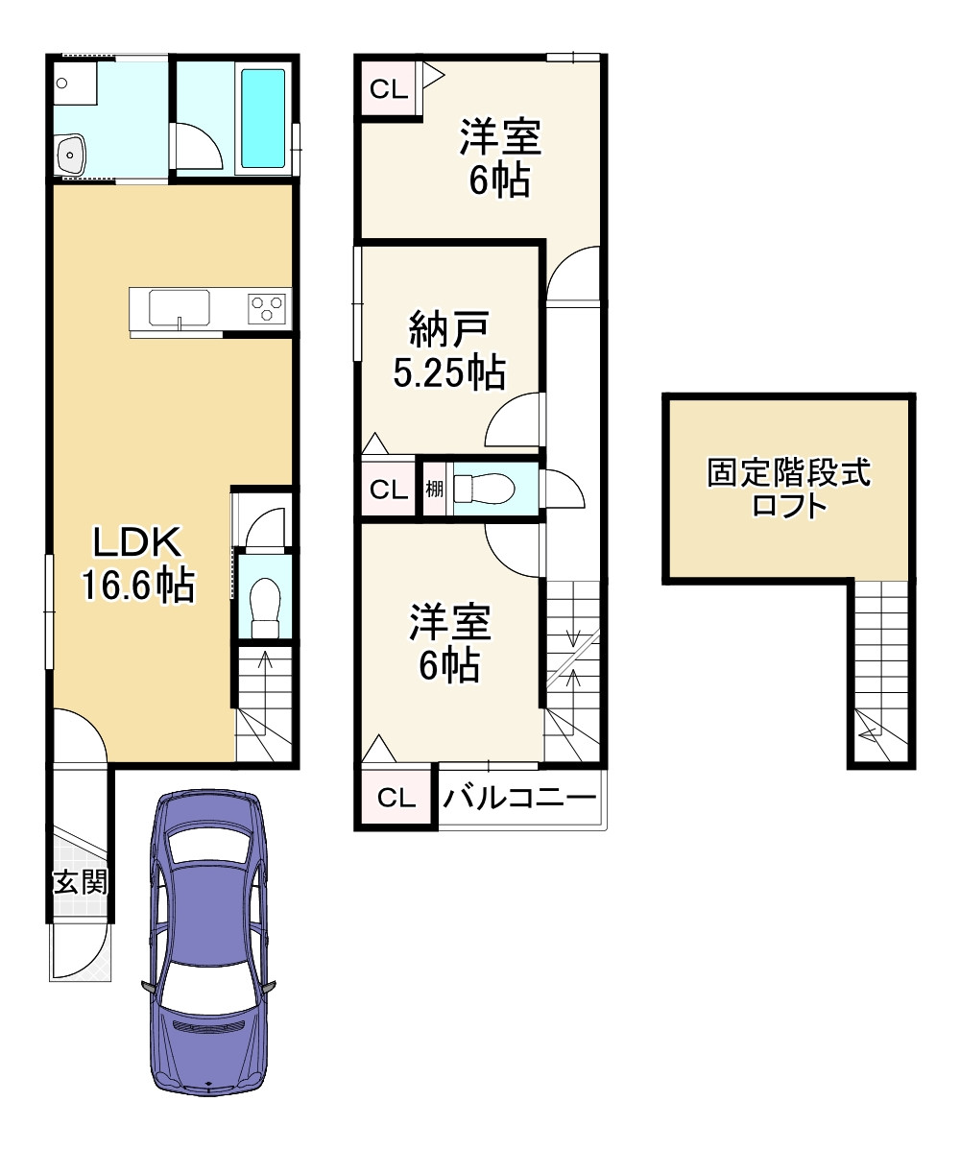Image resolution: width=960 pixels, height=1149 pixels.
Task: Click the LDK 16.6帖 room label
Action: pos(138,563)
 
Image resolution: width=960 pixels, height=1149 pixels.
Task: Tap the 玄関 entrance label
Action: pos(81,881)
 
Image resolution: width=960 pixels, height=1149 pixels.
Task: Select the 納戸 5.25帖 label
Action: pos(448,350)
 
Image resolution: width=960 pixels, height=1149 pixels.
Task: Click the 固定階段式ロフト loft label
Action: pos(788,488)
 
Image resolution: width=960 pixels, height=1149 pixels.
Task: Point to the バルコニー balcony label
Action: pos(519,797)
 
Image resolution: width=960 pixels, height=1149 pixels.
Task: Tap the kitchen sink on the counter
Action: pos(180,308)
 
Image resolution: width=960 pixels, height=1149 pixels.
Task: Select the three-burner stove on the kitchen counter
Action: pos(267,308)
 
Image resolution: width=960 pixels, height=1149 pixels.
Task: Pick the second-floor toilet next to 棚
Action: pos(484,489)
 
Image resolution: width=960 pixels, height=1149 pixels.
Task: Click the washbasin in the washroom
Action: pos(70,155)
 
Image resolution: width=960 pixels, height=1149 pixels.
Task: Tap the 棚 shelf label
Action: pos(435,489)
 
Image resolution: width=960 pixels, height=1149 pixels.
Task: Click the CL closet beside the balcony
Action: pos(396,798)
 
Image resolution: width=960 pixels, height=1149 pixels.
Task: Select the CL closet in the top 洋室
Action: pos(389,89)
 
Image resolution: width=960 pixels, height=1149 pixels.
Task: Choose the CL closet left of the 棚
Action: pos(389,489)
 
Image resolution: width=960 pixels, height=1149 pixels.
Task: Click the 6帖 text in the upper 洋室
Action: pos(500,179)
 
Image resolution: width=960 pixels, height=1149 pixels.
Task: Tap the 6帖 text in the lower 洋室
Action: pos(449,664)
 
